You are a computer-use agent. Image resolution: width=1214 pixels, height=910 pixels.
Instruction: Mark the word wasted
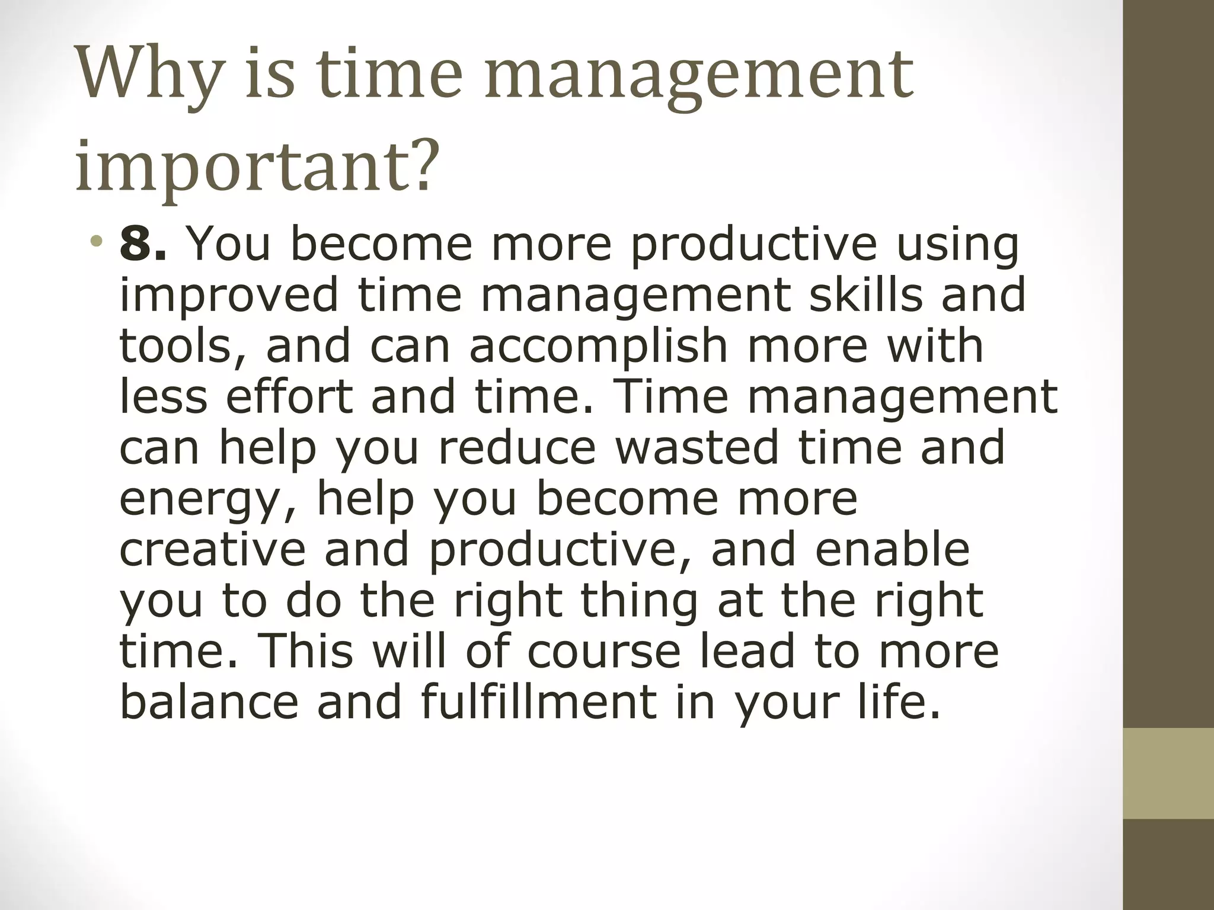click(697, 447)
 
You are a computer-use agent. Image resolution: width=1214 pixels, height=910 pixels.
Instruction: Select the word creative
click(212, 549)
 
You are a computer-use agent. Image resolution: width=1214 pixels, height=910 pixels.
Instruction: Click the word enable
click(892, 549)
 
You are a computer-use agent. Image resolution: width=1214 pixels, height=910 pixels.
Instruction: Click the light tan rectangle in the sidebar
click(1168, 774)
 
